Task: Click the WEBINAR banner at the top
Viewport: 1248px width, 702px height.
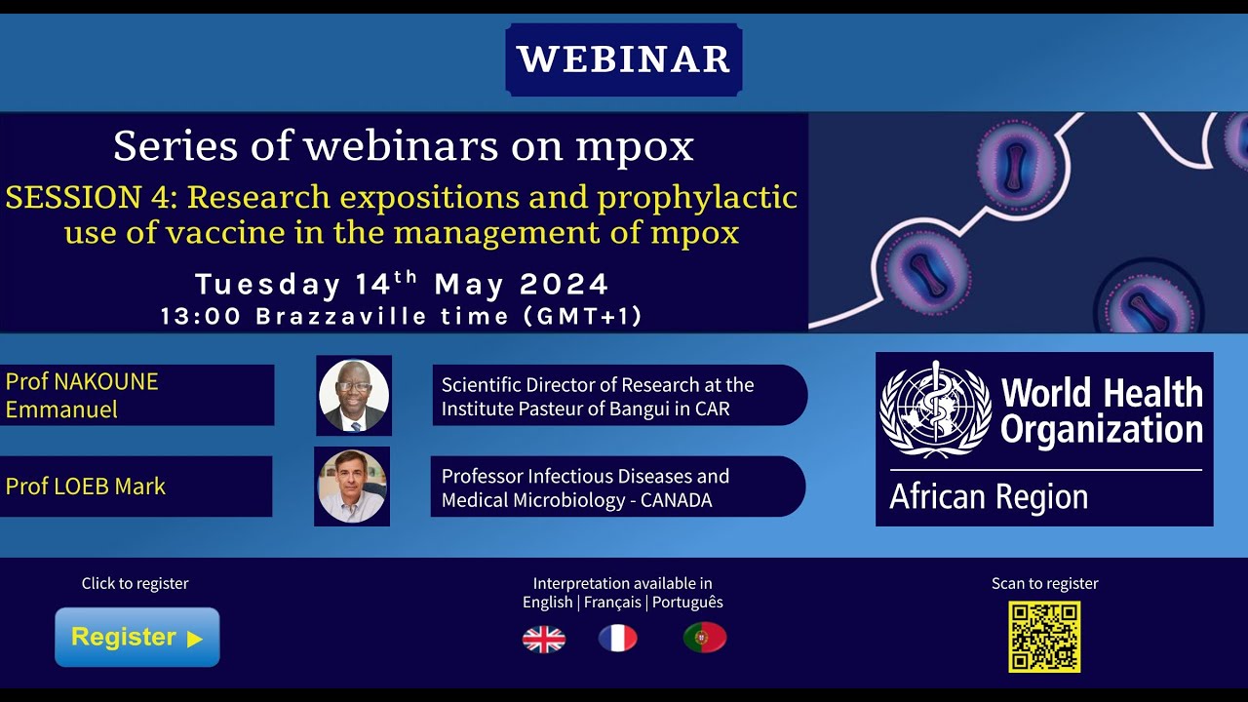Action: [x=624, y=59]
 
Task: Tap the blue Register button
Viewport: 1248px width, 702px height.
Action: [x=137, y=638]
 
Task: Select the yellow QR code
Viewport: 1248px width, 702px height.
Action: [x=1044, y=637]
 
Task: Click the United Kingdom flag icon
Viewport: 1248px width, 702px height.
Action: [x=544, y=639]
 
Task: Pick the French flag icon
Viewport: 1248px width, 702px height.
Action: [x=617, y=639]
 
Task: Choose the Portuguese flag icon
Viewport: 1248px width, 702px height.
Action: [x=705, y=638]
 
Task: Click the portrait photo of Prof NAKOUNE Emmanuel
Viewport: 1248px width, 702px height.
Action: [x=354, y=395]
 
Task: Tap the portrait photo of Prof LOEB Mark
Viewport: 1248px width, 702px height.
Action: [x=352, y=486]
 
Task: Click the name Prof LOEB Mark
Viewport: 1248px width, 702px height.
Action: [x=86, y=486]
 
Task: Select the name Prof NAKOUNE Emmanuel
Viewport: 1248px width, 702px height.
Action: [x=82, y=395]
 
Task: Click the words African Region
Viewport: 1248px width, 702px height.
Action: [x=989, y=497]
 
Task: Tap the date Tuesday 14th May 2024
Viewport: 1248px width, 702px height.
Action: [x=402, y=285]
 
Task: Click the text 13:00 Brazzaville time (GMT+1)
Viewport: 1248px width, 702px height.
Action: [x=402, y=316]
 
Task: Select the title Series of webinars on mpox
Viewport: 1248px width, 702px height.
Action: [x=404, y=146]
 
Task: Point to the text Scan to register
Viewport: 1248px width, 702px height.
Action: [x=1044, y=583]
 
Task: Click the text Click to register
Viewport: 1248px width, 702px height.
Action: [x=136, y=583]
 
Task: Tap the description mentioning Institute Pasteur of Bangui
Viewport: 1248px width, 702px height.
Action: [x=598, y=397]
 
